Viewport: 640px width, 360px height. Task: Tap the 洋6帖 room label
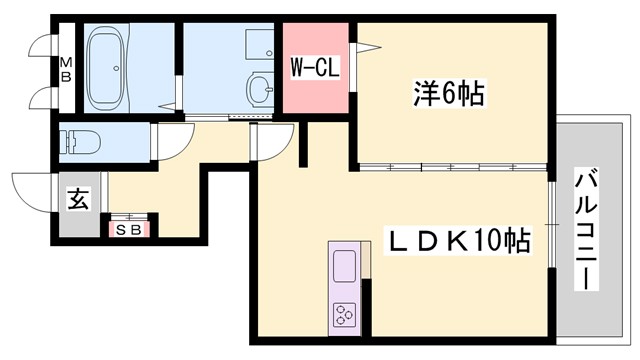449,95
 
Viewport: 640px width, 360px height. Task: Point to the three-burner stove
343,315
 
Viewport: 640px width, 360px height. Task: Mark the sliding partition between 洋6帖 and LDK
455,165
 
